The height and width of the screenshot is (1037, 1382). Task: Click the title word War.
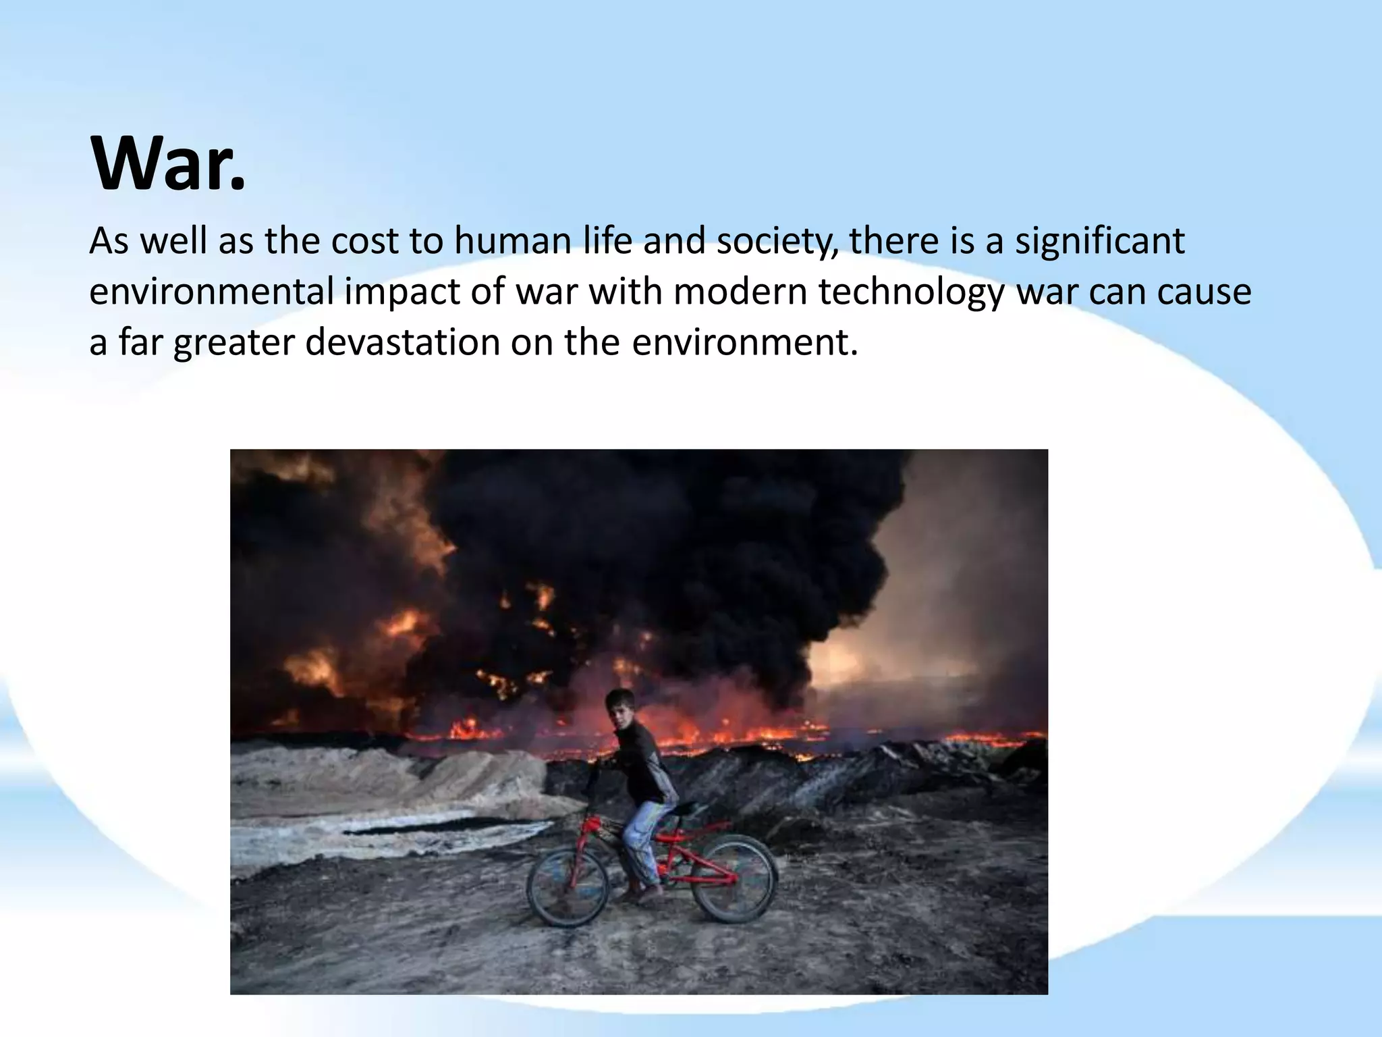click(x=167, y=164)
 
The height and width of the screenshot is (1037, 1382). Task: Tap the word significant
click(x=1099, y=241)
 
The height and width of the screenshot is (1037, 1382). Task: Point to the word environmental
click(x=211, y=292)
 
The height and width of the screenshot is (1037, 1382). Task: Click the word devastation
click(x=402, y=342)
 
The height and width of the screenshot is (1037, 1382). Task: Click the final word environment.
click(x=744, y=342)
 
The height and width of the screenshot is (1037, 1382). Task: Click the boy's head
click(x=620, y=707)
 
